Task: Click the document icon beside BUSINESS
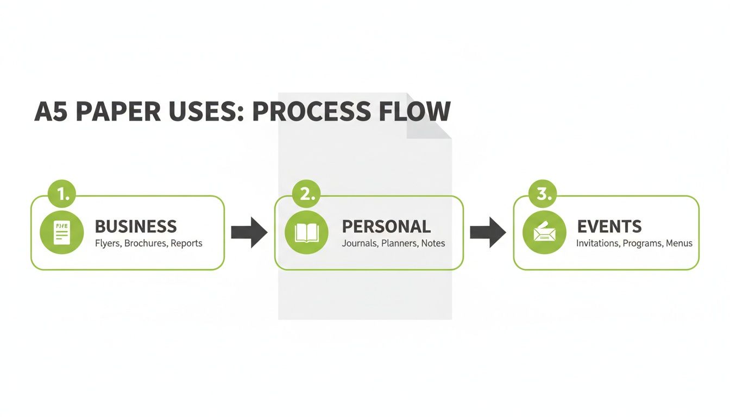click(x=62, y=232)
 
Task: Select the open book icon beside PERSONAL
click(x=306, y=232)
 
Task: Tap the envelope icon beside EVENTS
click(x=544, y=232)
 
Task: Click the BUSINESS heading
click(x=136, y=226)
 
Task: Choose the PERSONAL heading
click(x=386, y=226)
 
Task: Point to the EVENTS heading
click(x=609, y=226)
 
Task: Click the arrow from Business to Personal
click(x=249, y=232)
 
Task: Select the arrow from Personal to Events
click(x=488, y=232)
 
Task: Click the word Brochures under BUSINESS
click(x=145, y=243)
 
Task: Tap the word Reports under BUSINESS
click(x=186, y=243)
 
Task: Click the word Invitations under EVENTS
click(x=597, y=243)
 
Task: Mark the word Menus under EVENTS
click(x=679, y=243)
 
